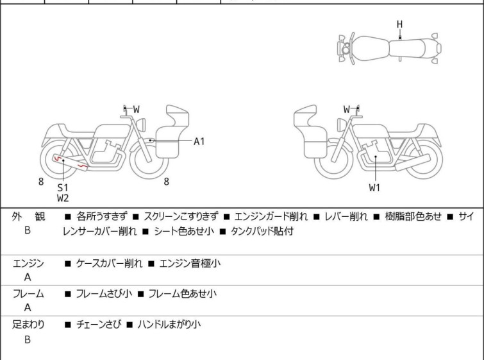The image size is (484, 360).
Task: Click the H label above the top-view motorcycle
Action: [399, 24]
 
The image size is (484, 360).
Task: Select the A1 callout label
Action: [199, 141]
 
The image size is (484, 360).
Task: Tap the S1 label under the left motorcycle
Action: [62, 187]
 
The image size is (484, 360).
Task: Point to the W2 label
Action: [62, 198]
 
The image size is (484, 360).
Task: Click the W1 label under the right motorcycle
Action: [374, 187]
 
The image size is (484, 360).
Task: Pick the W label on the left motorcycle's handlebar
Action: [136, 110]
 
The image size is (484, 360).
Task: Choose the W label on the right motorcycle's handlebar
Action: [347, 110]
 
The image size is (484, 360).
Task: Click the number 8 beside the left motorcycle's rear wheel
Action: [41, 182]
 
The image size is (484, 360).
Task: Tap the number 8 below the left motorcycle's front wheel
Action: [166, 182]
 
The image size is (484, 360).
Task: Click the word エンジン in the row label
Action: [28, 263]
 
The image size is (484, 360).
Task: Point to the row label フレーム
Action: [28, 294]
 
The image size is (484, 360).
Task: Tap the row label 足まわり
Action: [28, 325]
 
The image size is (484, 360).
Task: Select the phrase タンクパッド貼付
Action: [262, 232]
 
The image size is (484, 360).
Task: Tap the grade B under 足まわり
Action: [28, 339]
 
